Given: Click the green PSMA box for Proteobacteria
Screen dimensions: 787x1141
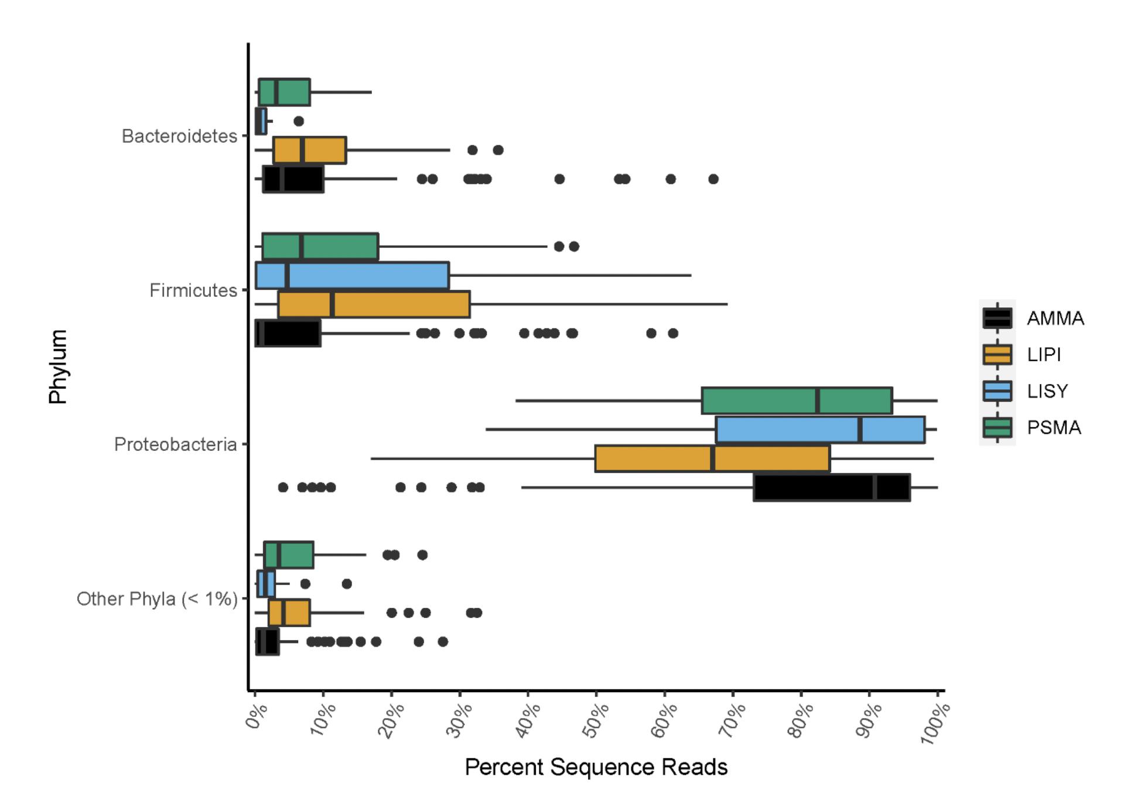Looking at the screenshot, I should point(797,401).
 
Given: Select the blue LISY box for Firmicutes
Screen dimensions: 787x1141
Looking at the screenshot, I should point(352,275).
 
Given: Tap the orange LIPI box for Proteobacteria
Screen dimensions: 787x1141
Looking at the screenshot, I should point(712,458).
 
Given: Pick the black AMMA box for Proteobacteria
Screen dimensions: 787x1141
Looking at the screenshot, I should point(832,487).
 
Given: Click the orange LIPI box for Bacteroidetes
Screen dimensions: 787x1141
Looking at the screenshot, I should point(310,150).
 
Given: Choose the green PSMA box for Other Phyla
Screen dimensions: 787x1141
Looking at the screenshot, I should point(289,555).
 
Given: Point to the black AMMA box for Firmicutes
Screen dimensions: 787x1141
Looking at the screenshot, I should point(288,333).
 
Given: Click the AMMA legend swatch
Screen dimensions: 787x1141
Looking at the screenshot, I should point(997,318).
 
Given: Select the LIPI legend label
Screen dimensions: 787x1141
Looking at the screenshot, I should point(1044,355).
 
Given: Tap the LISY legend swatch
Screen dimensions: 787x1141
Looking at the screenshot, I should point(997,391).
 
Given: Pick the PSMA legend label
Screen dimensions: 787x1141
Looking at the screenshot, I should point(1054,427).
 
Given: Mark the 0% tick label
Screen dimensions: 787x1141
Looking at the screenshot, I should point(256,717).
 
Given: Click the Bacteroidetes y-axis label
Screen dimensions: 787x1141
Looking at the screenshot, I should point(179,136).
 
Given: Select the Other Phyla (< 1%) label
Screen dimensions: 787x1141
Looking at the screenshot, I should point(157,599).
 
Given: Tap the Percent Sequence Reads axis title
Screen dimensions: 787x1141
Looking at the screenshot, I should point(596,767).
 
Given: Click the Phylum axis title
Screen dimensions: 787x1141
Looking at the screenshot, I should point(59,367).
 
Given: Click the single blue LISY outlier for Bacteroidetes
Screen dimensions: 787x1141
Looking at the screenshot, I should point(299,121).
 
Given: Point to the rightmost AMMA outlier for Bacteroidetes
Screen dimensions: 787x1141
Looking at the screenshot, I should point(713,179).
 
